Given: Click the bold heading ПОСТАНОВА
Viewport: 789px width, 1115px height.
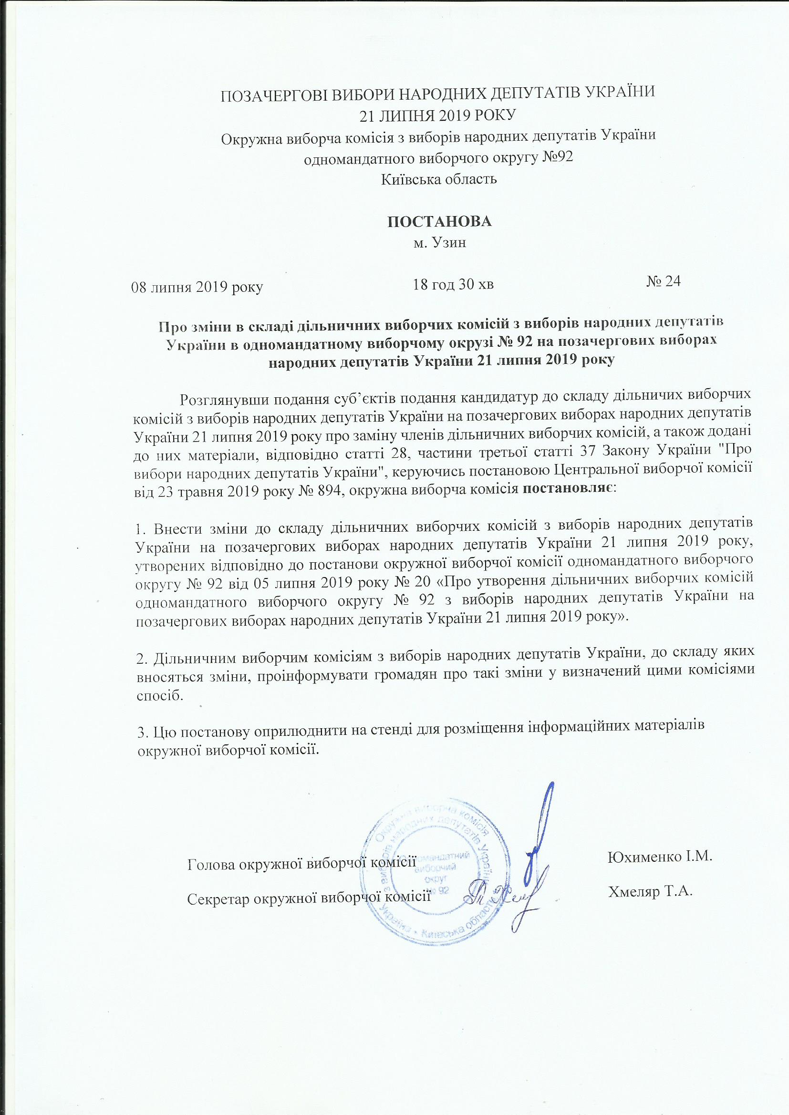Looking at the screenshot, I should point(439,221).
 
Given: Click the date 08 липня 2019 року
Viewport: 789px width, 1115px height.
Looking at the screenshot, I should point(198,288).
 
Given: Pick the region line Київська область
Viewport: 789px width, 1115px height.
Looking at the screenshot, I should point(439,179).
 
